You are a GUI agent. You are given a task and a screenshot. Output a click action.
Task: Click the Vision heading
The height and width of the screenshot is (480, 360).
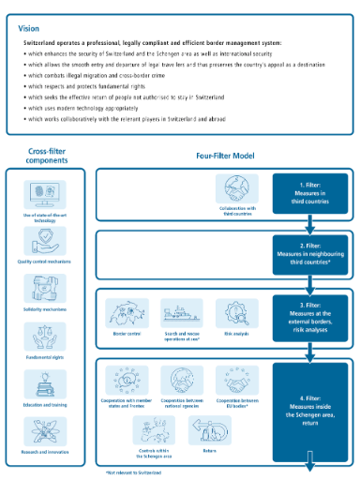(29, 28)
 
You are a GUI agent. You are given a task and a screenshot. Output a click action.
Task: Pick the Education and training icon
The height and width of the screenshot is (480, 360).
(44, 383)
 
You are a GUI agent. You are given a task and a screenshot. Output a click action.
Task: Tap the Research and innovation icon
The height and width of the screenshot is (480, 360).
(44, 430)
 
